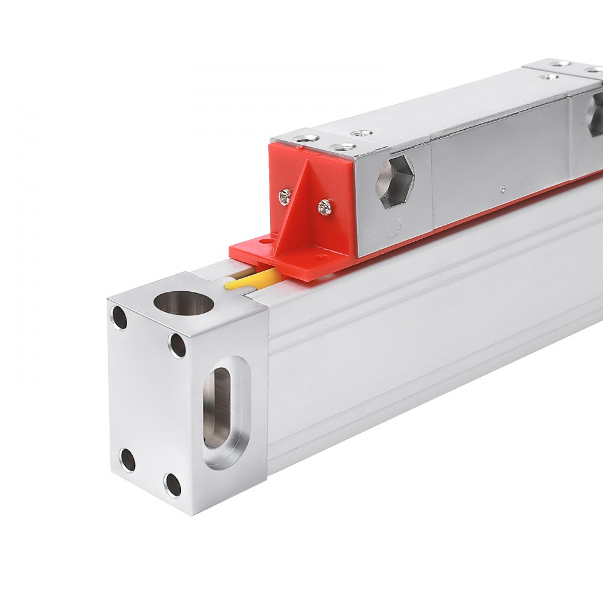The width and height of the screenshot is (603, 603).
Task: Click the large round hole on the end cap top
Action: [x=183, y=303]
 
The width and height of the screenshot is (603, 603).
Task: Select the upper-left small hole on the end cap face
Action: [x=119, y=318]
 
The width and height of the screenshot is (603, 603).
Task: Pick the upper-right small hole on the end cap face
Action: [x=177, y=345]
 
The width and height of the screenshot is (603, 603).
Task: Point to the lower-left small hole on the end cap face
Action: [x=127, y=460]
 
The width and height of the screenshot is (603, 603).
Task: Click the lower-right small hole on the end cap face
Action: [x=173, y=485]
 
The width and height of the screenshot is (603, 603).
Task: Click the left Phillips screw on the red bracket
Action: [x=285, y=196]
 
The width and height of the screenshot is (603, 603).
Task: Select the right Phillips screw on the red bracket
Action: [x=324, y=207]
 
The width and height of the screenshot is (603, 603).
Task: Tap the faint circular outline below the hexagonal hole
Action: [x=393, y=227]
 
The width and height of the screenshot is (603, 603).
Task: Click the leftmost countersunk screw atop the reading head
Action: [x=307, y=138]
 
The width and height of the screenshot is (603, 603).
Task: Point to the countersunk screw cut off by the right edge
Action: [x=594, y=71]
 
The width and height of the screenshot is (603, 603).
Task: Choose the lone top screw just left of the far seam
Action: [x=548, y=77]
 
